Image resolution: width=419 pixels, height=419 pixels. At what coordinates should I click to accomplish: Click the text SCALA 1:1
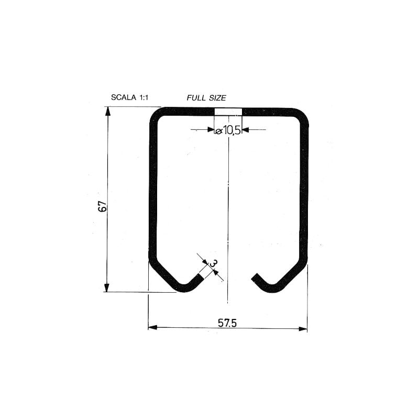coord(130,97)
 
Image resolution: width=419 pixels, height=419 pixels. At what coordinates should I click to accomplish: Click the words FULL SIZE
coord(206,97)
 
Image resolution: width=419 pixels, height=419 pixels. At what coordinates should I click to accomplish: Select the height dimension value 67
coord(103,206)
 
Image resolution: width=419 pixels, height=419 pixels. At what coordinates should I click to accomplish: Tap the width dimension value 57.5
coord(227,323)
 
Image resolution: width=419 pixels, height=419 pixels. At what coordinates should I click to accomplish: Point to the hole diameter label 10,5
coord(231,130)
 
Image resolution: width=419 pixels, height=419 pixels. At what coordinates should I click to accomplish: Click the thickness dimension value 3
coord(213,263)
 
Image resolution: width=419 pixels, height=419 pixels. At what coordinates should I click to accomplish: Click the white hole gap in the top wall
coord(228,112)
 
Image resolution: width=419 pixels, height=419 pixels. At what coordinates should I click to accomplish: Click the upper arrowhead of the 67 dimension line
coord(108,111)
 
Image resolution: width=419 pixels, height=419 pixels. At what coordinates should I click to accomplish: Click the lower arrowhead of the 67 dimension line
coord(107,288)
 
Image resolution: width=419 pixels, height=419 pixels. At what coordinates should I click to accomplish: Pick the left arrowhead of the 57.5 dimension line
coord(152,328)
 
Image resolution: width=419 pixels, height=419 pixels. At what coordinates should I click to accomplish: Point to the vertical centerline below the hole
coord(228,220)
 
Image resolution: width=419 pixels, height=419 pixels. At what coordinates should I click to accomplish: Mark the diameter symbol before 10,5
coord(218,131)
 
